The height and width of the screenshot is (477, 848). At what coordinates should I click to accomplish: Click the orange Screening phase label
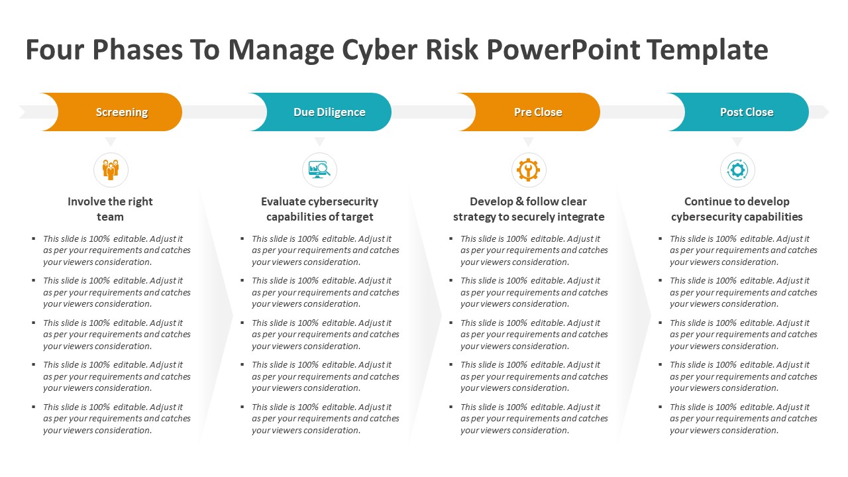tap(121, 112)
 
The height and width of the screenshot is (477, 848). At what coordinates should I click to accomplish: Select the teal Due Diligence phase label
tap(329, 112)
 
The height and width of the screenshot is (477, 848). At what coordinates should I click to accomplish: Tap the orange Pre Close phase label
tap(538, 112)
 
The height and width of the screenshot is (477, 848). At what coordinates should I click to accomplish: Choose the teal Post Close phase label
tap(747, 112)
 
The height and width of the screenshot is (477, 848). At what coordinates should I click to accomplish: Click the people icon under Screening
tap(111, 170)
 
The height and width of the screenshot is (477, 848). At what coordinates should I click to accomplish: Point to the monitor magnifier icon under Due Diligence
tap(319, 170)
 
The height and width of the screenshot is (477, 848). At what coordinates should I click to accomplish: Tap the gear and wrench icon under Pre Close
tap(528, 170)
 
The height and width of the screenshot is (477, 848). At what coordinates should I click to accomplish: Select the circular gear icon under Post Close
tap(737, 170)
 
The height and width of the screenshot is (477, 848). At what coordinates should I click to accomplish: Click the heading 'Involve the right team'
tap(110, 209)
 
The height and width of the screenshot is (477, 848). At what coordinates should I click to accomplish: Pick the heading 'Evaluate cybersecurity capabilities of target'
tap(319, 209)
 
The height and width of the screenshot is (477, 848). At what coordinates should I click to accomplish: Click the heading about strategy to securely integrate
tap(528, 209)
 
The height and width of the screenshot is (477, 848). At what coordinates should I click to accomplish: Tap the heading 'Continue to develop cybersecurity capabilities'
tap(737, 209)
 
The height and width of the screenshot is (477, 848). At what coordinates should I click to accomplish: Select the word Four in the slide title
tap(55, 50)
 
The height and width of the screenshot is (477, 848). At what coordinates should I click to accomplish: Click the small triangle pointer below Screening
tap(111, 141)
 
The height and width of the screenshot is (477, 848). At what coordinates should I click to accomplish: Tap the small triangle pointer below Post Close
tap(737, 141)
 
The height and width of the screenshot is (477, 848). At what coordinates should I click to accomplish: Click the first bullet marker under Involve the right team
tap(34, 238)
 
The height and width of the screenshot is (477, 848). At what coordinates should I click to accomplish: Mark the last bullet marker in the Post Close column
tap(661, 407)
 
